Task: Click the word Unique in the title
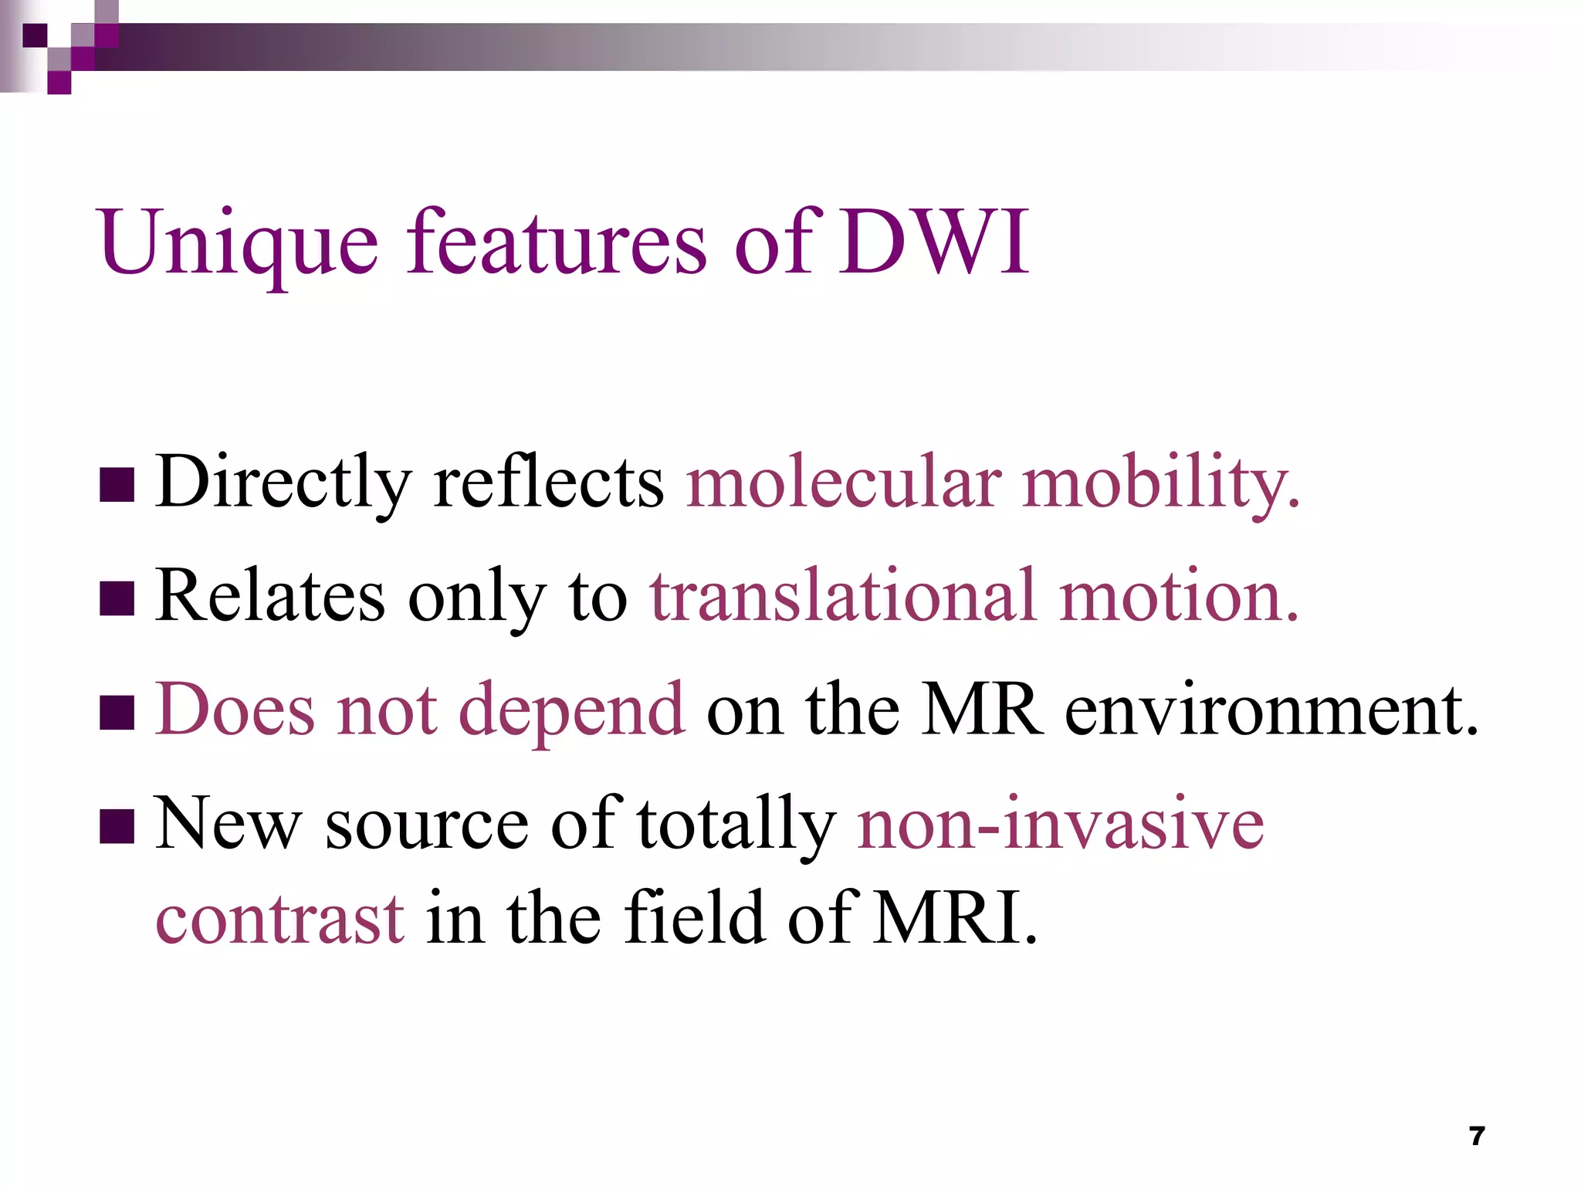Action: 238,244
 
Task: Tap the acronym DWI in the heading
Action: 934,242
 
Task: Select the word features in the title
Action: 556,242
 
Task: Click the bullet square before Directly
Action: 117,485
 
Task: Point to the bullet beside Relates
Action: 117,598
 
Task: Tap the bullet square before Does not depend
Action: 117,712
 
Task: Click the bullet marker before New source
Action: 117,826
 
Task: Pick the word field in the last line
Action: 696,918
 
